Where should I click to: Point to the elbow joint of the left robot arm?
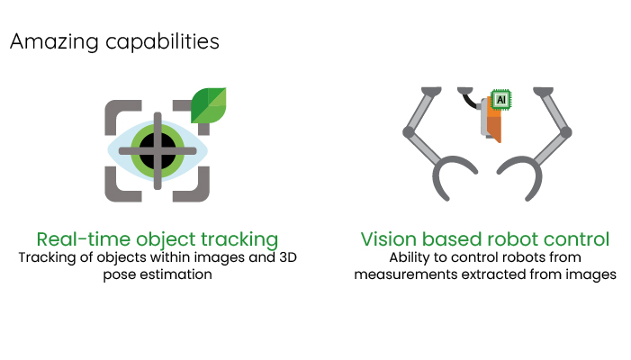tap(409, 132)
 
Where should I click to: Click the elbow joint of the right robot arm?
tap(564, 132)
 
